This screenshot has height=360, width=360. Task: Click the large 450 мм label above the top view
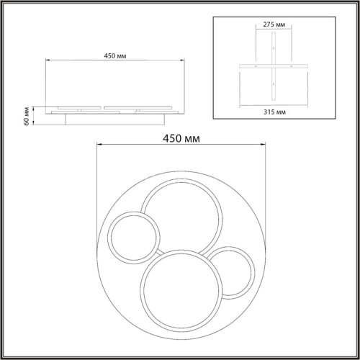click(x=181, y=138)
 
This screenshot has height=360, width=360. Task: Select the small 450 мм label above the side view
click(x=115, y=56)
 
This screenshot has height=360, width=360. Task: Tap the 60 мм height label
click(x=27, y=116)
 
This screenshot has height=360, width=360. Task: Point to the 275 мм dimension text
click(x=274, y=24)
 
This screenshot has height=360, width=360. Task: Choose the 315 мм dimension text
click(x=274, y=112)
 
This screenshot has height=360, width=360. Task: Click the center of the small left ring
click(x=134, y=238)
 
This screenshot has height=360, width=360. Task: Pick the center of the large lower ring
click(x=181, y=290)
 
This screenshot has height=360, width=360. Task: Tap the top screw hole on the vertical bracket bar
click(x=274, y=48)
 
